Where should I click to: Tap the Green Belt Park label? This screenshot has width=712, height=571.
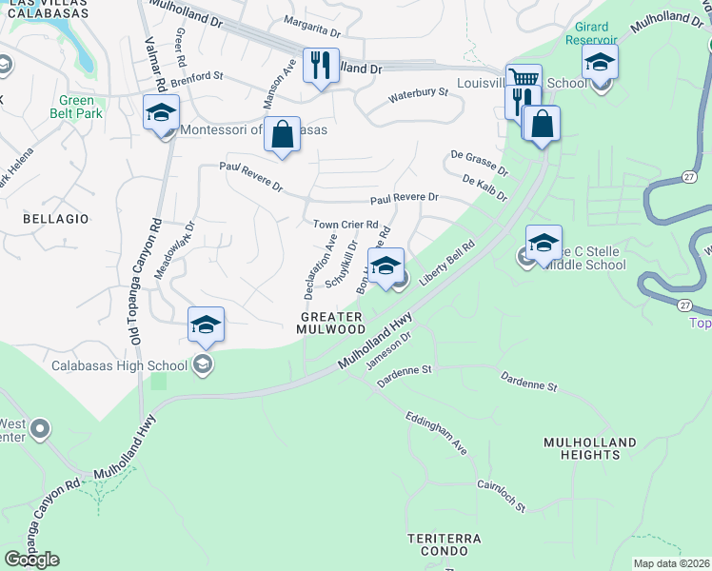tap(77, 108)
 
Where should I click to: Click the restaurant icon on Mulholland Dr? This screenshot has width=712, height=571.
tap(321, 66)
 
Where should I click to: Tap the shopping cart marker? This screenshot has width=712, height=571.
tap(524, 80)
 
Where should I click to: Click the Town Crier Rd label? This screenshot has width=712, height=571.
tap(346, 225)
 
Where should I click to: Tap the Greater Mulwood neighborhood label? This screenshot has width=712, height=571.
tap(332, 323)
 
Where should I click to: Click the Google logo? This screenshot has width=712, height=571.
tap(31, 559)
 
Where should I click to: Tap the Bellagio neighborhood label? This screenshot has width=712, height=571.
tap(55, 219)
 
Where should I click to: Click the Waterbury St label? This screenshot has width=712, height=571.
tap(418, 93)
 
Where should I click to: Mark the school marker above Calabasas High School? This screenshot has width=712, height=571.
tap(206, 325)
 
